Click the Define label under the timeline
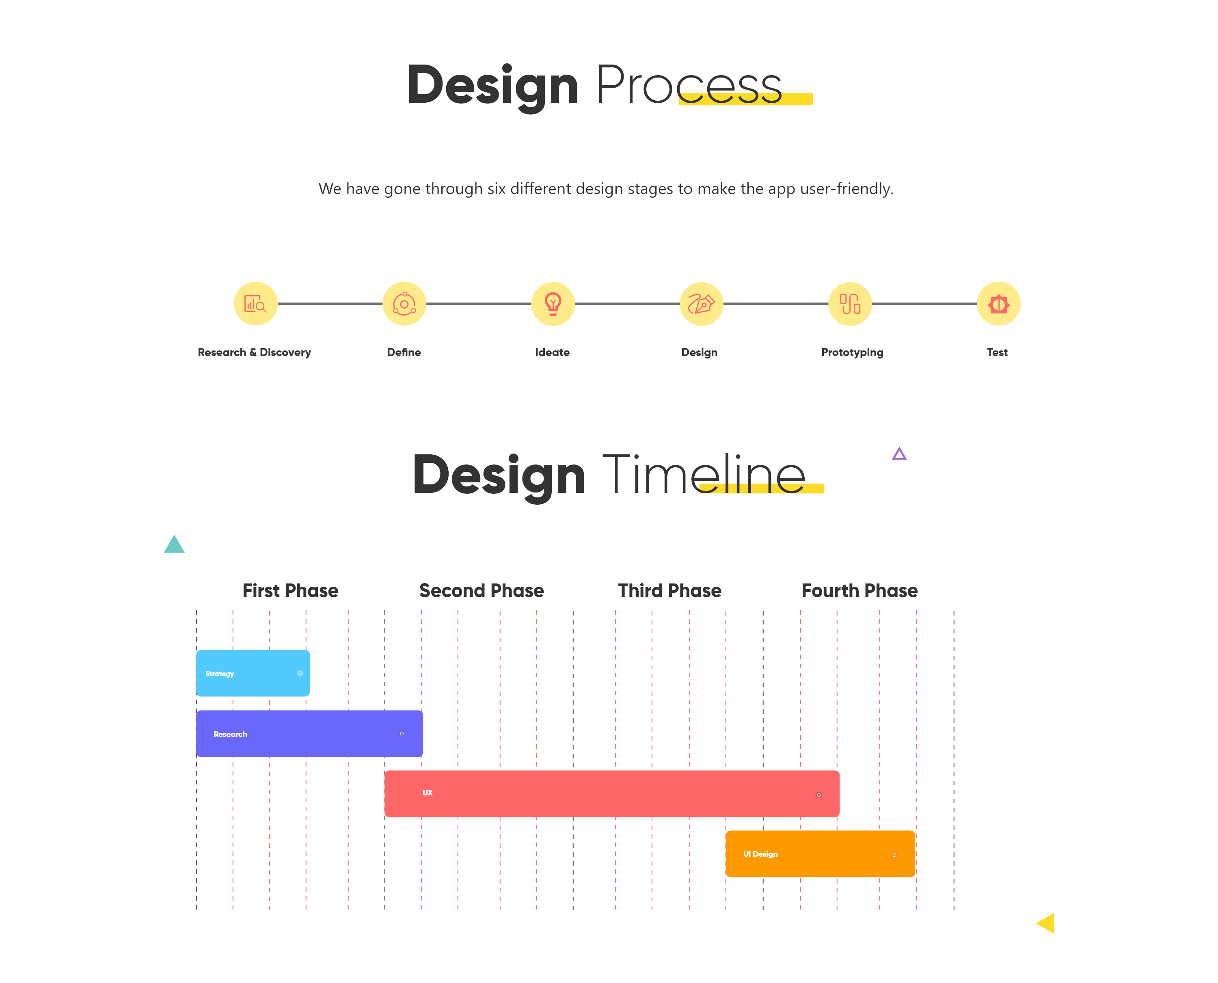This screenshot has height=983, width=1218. click(404, 352)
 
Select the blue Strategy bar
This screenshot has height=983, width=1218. click(253, 673)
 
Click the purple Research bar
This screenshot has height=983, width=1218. click(309, 733)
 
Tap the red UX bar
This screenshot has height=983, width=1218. click(611, 793)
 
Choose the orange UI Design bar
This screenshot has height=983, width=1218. click(820, 853)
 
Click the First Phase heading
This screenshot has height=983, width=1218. click(290, 591)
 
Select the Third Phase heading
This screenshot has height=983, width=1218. click(669, 591)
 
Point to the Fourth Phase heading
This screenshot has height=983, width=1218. click(860, 591)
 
